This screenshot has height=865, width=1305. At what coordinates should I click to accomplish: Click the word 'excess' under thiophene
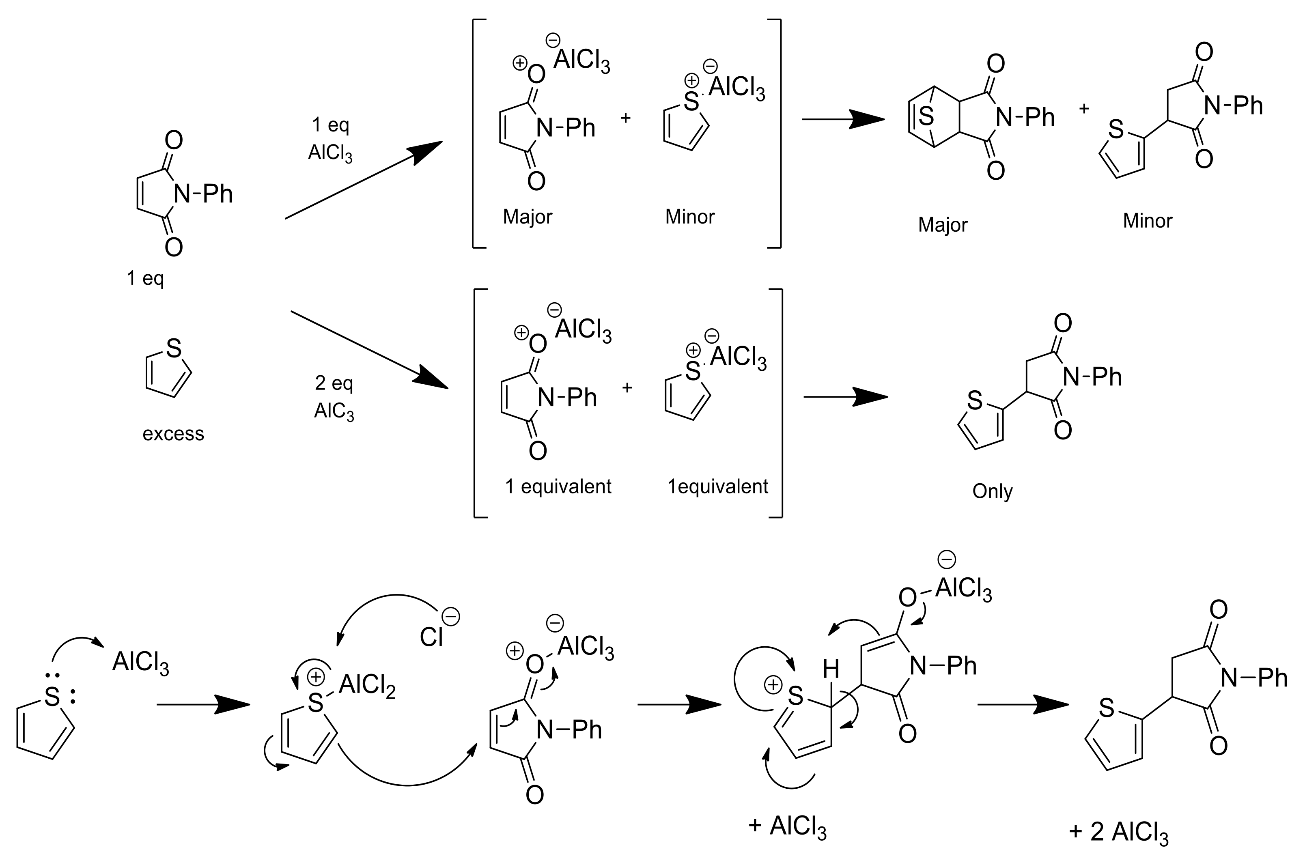pyautogui.click(x=173, y=434)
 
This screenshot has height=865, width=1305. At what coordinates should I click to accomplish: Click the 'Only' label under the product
pyautogui.click(x=992, y=491)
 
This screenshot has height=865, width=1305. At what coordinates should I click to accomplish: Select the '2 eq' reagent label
pyautogui.click(x=334, y=383)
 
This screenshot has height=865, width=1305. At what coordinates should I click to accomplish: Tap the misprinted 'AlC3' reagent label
pyautogui.click(x=334, y=411)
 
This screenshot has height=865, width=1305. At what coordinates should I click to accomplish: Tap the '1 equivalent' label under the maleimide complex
pyautogui.click(x=558, y=486)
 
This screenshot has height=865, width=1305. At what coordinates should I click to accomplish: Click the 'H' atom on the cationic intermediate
pyautogui.click(x=831, y=670)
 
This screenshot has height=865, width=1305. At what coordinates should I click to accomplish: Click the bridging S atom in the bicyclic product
pyautogui.click(x=927, y=117)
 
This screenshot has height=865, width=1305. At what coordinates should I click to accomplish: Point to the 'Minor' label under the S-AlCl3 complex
pyautogui.click(x=690, y=217)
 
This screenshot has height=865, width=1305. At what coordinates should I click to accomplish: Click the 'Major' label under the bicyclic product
pyautogui.click(x=943, y=225)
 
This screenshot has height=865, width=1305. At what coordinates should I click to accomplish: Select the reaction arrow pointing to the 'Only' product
pyautogui.click(x=845, y=397)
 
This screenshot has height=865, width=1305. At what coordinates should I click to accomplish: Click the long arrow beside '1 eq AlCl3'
pyautogui.click(x=364, y=180)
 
